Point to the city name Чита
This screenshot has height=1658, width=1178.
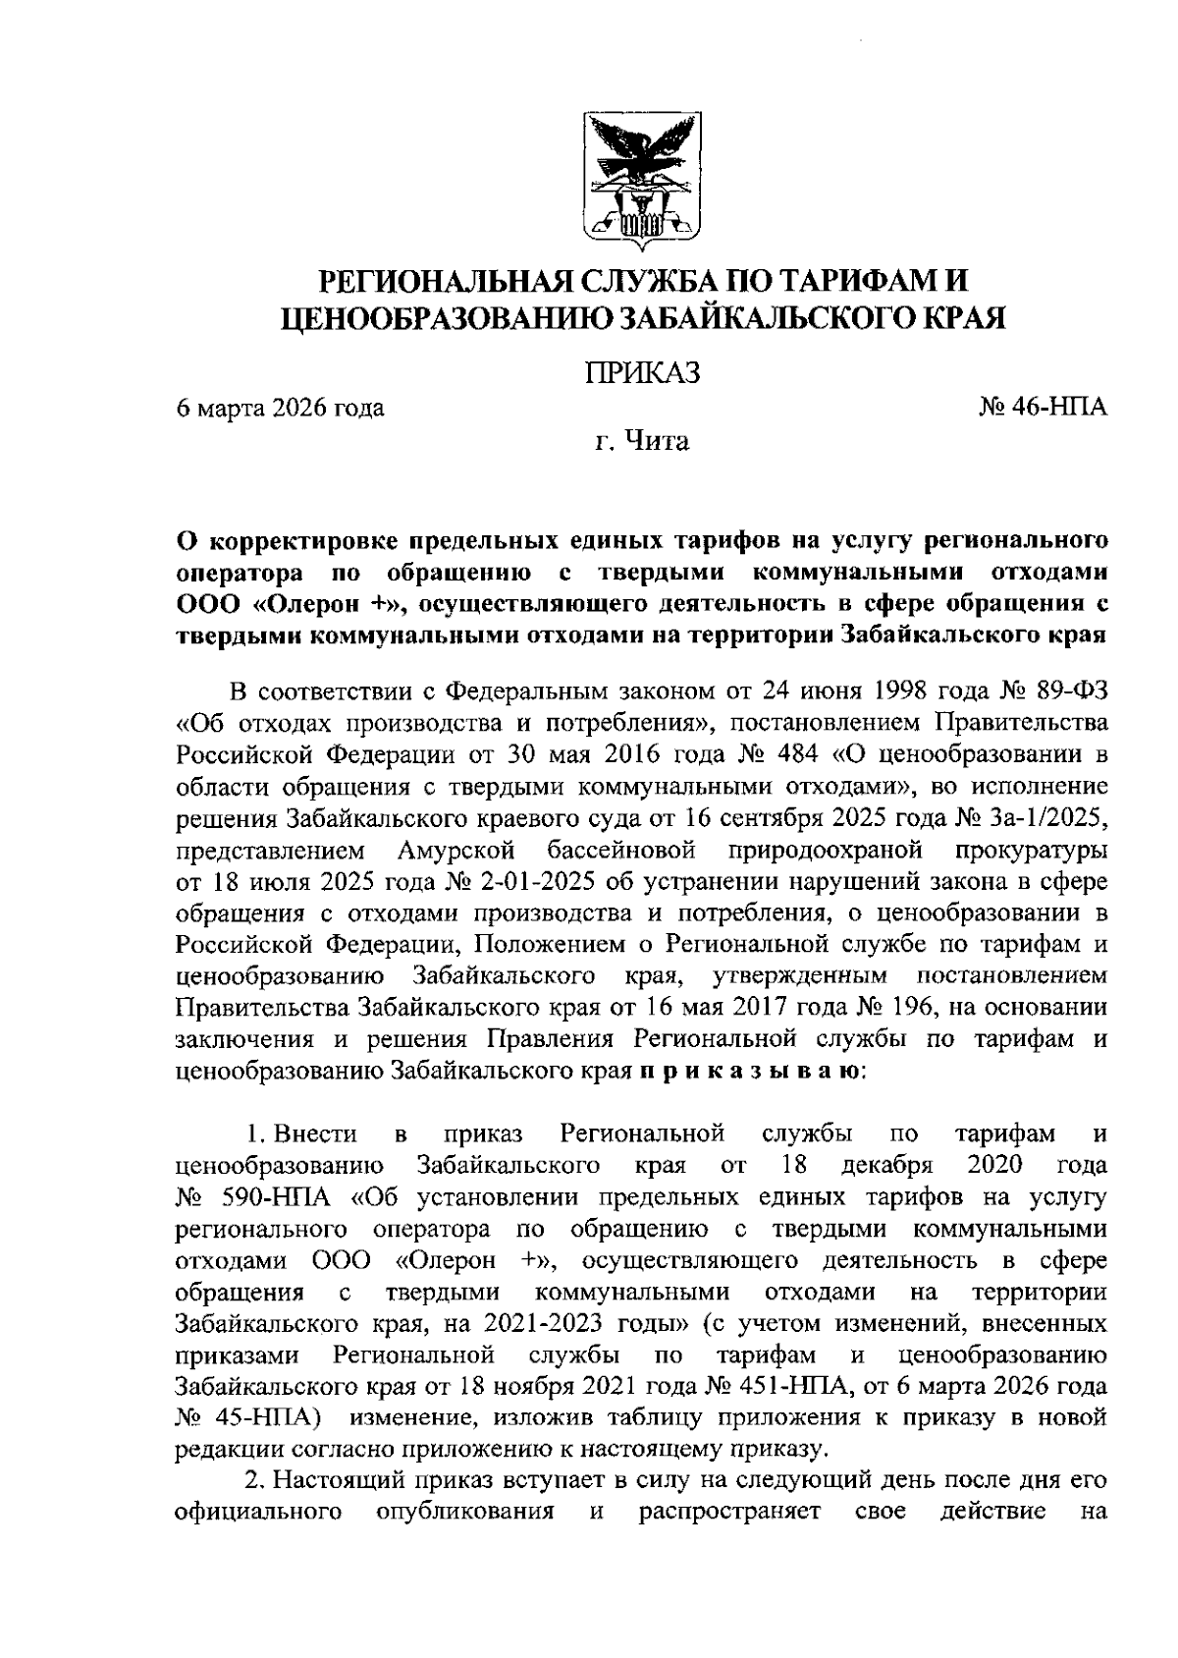point(657,442)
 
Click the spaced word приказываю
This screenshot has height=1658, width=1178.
point(753,1070)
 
